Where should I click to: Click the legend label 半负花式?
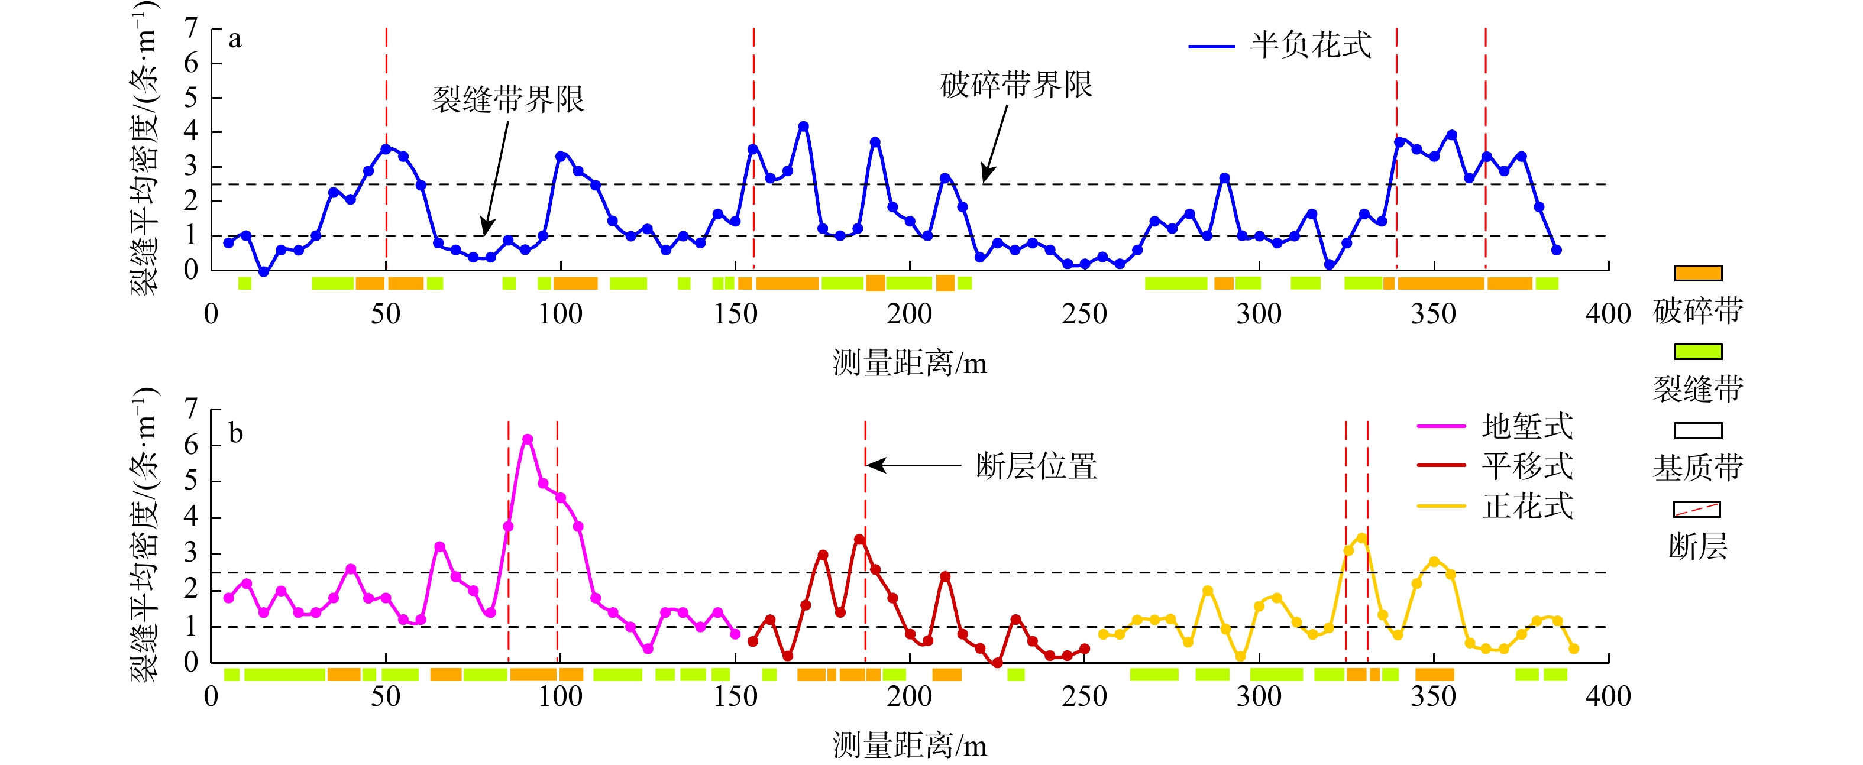coord(1310,46)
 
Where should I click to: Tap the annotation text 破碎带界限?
coord(1016,85)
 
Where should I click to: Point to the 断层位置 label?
coord(1036,466)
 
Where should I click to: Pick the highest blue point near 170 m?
coord(803,127)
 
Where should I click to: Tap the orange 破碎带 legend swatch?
coord(1697,273)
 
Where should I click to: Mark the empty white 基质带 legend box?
coord(1697,431)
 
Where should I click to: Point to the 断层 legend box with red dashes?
coord(1697,510)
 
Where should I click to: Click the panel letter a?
coord(235,39)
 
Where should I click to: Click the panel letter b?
coord(236,434)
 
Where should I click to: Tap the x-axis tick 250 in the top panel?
coord(1084,314)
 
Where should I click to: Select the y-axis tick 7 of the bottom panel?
coord(191,409)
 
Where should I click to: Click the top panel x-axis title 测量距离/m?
coord(909,362)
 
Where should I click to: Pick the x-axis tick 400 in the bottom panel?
coord(1608,696)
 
